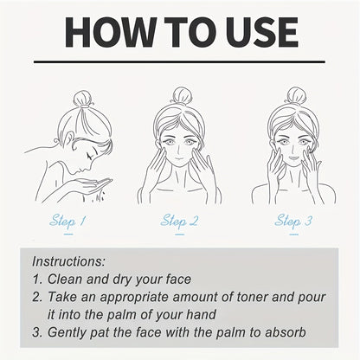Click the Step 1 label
point(67,222)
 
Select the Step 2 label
point(179,222)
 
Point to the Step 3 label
point(293,222)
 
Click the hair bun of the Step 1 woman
point(83,99)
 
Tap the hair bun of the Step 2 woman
point(182,96)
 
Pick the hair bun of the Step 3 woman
point(296,96)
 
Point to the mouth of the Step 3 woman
point(293,158)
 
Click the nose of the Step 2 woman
point(179,150)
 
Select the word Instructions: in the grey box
point(68,261)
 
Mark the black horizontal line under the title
point(179,61)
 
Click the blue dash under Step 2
point(179,235)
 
